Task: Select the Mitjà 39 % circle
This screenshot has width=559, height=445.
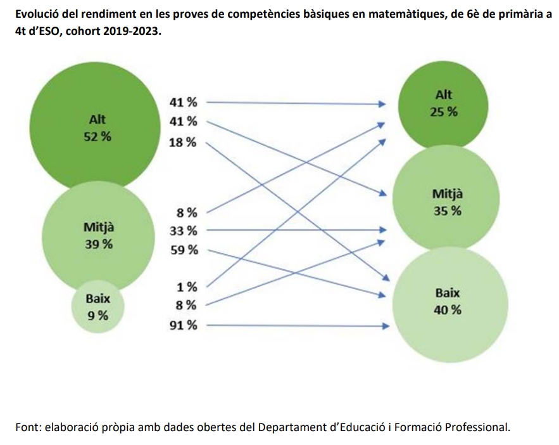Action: pyautogui.click(x=99, y=235)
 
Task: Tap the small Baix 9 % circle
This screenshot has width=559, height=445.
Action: pyautogui.click(x=97, y=307)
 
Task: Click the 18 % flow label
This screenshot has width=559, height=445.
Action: pyautogui.click(x=183, y=142)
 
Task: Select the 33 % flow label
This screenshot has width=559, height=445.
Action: pyautogui.click(x=183, y=230)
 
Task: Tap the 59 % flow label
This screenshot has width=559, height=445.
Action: pyautogui.click(x=183, y=250)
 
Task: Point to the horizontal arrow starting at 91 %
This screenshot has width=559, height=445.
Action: pyautogui.click(x=298, y=326)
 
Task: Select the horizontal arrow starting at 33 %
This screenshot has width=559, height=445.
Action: pyautogui.click(x=298, y=229)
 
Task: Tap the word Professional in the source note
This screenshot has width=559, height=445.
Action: pyautogui.click(x=476, y=427)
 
